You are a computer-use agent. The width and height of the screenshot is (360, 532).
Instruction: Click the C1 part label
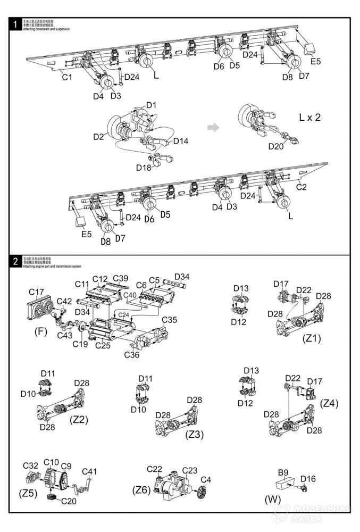point(66,77)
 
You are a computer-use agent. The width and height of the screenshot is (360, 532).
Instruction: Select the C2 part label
point(302,187)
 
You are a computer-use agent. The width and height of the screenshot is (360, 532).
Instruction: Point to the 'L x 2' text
point(310,118)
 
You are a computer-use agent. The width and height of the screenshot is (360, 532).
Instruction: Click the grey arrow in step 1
point(213,128)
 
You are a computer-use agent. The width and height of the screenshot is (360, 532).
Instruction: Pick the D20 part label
point(277,146)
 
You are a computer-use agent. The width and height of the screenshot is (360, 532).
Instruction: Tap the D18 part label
point(144,168)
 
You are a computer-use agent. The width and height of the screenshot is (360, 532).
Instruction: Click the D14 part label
point(181,141)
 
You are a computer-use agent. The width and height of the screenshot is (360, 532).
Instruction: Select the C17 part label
point(37,292)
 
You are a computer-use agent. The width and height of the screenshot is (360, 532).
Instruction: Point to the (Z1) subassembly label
point(312,338)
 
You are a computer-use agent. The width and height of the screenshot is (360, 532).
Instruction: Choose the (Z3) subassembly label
point(194,434)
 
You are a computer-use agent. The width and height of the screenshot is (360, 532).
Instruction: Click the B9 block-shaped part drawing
point(285,484)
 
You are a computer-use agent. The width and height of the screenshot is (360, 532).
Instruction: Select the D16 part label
point(307,479)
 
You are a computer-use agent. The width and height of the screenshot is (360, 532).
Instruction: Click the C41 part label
point(89,471)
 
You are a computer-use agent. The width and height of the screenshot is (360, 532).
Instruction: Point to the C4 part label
point(206,479)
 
